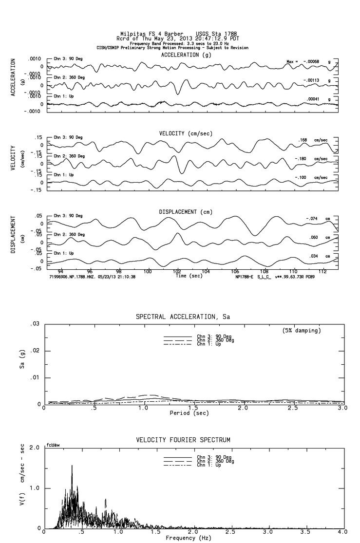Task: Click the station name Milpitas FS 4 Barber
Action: (152, 34)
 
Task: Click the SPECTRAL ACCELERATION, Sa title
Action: (182, 317)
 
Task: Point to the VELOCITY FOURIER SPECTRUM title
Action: (182, 440)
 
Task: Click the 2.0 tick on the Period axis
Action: (243, 408)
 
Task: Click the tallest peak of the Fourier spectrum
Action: (72, 466)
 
